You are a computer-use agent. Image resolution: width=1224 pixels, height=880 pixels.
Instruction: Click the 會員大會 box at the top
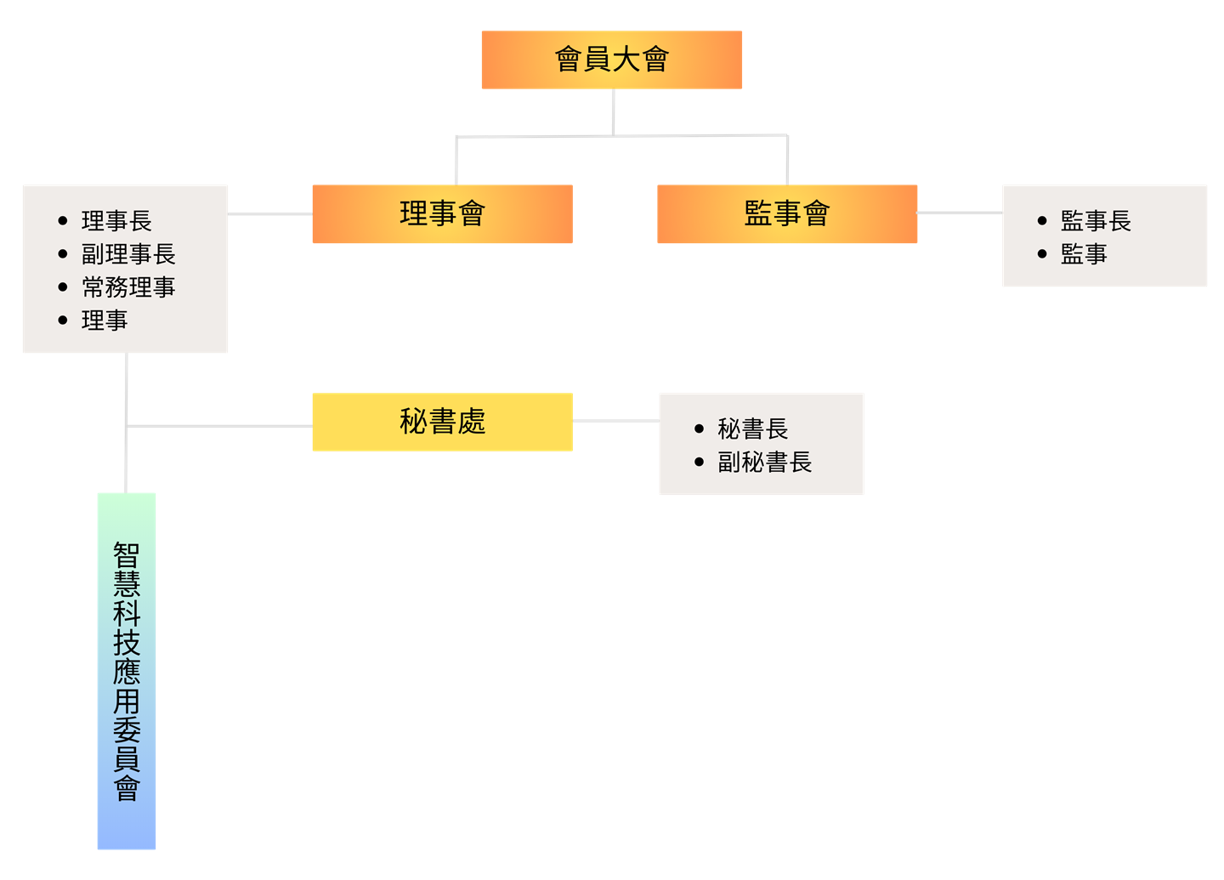[x=611, y=60]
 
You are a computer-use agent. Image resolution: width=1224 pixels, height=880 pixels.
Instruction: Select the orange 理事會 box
[x=442, y=213]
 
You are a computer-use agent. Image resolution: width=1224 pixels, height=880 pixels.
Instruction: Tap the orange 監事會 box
[x=787, y=213]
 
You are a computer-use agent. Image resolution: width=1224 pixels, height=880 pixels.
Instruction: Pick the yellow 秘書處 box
[x=442, y=422]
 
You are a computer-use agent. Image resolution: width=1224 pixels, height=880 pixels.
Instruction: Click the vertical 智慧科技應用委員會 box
[x=127, y=671]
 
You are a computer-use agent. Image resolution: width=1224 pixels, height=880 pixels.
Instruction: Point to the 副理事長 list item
[x=128, y=254]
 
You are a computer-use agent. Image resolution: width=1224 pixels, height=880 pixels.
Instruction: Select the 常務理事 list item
[x=128, y=287]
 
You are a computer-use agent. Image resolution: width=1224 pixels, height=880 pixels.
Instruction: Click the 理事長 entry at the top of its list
[x=116, y=221]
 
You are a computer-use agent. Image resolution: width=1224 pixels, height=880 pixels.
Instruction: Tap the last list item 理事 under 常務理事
[x=105, y=321]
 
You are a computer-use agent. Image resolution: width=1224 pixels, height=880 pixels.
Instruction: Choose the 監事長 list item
[x=1096, y=221]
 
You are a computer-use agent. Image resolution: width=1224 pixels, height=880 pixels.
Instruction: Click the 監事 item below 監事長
[x=1084, y=254]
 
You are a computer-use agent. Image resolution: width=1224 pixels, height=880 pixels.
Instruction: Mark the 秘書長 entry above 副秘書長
[x=752, y=429]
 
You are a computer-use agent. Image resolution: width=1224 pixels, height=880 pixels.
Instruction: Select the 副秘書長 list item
[x=764, y=463]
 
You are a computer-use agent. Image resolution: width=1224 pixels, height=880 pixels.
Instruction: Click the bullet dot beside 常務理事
[x=63, y=287]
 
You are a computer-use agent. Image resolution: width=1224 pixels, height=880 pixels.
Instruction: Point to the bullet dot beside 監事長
[x=1042, y=221]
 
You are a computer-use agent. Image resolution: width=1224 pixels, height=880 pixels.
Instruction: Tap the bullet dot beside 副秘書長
[x=699, y=463]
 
